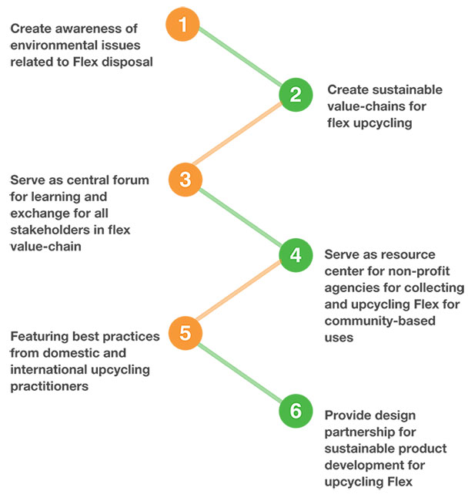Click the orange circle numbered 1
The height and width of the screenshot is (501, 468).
[182, 24]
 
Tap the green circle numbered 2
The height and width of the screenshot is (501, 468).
[295, 95]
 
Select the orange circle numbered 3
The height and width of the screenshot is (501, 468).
[185, 180]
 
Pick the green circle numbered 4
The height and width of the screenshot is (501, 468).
[295, 254]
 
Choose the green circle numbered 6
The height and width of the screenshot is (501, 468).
[295, 412]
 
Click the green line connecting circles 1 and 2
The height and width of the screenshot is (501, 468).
[239, 59]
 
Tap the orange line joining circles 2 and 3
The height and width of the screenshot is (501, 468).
[239, 137]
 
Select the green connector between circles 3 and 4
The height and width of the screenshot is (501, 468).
[239, 217]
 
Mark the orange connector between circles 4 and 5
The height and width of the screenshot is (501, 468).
[239, 293]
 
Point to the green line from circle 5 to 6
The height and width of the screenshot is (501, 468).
[239, 372]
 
